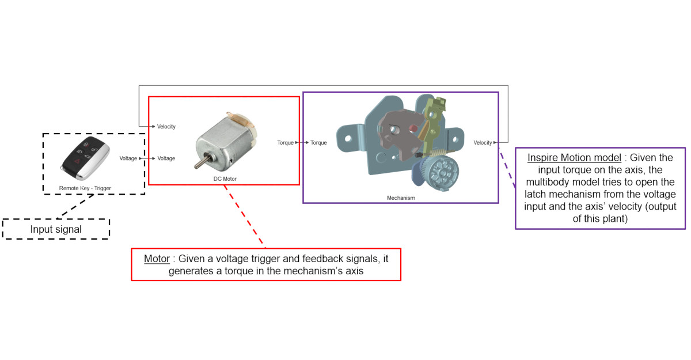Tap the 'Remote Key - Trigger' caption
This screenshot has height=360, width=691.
point(85,188)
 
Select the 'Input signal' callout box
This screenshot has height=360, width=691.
point(56,229)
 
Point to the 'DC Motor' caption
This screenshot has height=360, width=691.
point(225,179)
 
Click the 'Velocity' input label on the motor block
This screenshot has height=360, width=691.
point(166,126)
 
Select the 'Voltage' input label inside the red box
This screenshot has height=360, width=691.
point(166,158)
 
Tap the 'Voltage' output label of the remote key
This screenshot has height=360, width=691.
point(128,158)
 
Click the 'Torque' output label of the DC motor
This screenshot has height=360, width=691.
point(286,142)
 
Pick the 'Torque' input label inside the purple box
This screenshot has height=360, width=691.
point(318,142)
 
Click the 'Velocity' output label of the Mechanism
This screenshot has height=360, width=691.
point(483,142)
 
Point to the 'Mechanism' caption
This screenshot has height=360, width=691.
point(401,198)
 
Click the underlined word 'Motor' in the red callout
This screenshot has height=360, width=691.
point(157,259)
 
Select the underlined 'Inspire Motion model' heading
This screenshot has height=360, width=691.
point(573,157)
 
